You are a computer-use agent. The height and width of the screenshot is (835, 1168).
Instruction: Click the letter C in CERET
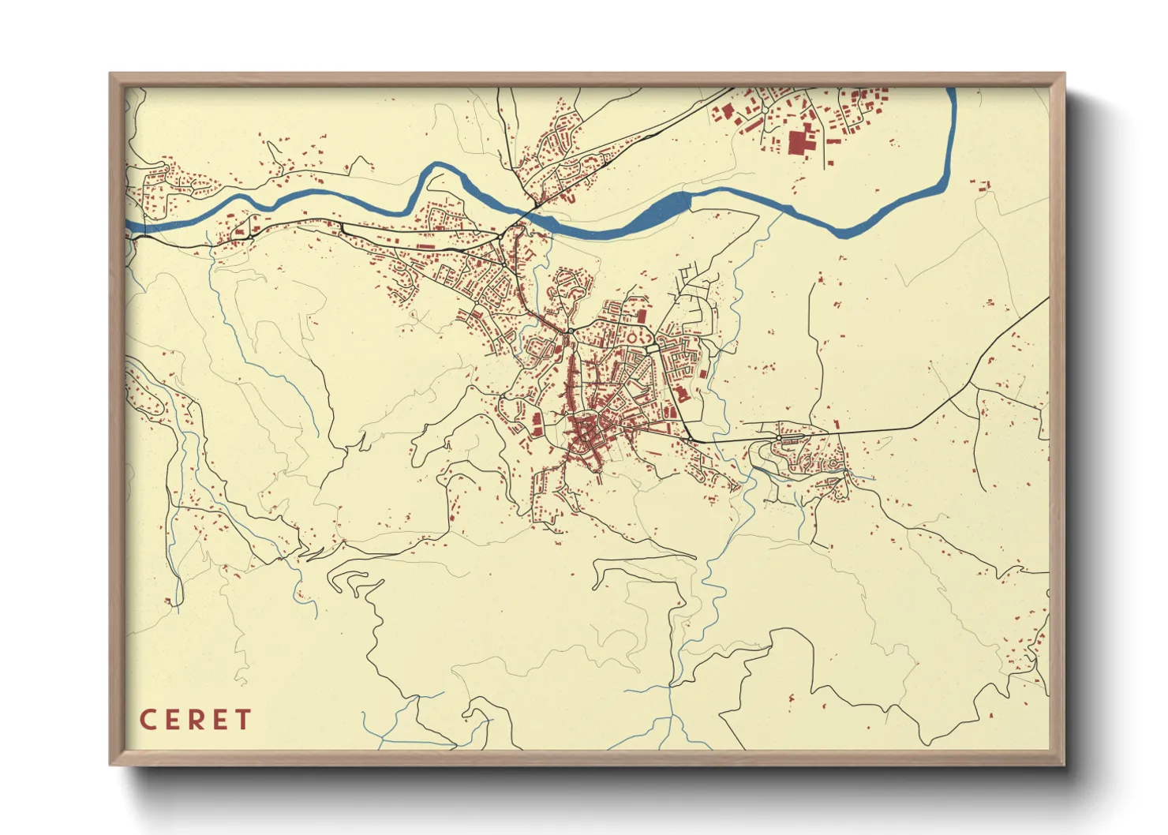click(x=148, y=720)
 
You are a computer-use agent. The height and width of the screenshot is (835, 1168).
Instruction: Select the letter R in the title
click(x=196, y=720)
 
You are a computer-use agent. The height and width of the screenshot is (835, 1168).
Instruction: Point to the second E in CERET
click(x=219, y=720)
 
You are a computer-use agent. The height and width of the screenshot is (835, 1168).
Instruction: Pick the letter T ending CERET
click(x=242, y=720)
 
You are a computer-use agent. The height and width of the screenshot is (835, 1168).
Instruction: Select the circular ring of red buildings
click(x=631, y=338)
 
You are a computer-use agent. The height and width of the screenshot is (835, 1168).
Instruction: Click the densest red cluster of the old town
click(x=586, y=432)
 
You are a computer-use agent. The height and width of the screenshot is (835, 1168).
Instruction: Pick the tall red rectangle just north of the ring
click(x=642, y=316)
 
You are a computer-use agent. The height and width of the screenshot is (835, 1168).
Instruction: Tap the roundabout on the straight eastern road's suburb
click(x=779, y=438)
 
